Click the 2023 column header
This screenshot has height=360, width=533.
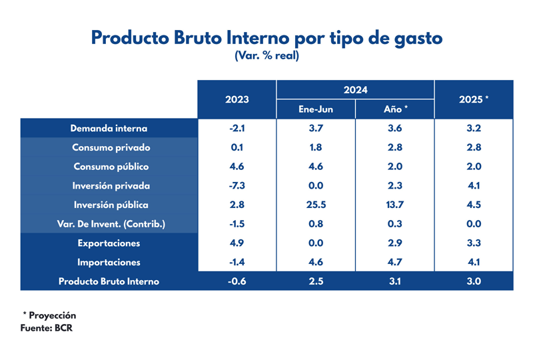click(x=237, y=99)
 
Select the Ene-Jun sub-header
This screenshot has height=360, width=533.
click(x=316, y=109)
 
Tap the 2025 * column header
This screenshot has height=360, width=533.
click(x=474, y=99)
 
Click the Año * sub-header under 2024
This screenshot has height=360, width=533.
click(x=396, y=109)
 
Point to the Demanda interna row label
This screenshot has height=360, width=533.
click(x=109, y=128)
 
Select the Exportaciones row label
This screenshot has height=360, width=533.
click(x=109, y=243)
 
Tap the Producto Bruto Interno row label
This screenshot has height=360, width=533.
click(x=109, y=281)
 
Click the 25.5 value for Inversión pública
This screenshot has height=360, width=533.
click(x=316, y=205)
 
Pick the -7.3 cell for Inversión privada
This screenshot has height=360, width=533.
click(x=237, y=186)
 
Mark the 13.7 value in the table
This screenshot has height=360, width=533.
click(x=396, y=205)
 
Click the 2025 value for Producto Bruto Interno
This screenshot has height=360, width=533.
click(x=474, y=281)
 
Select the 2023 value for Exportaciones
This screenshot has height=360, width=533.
click(x=237, y=243)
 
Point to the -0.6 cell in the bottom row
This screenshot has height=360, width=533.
click(x=237, y=281)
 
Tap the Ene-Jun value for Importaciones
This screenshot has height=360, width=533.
click(x=316, y=262)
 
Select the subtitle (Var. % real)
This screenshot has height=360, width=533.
click(x=266, y=56)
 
